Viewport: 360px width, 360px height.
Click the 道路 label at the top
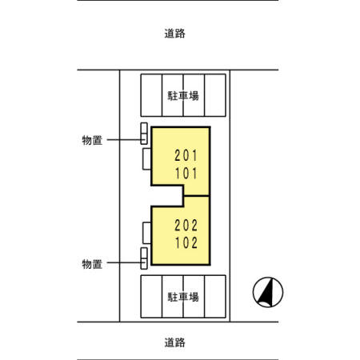[174, 34]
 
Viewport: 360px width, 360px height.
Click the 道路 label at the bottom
[174, 342]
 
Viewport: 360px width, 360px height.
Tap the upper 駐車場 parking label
[183, 96]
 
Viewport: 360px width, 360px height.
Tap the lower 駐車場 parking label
[183, 297]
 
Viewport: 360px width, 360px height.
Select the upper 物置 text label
[92, 140]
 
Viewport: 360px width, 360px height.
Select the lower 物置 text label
[92, 264]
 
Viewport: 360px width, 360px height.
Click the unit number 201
[186, 155]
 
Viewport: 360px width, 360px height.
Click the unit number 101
[186, 174]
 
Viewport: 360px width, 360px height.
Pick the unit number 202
[186, 226]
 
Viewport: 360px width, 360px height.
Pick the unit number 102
[186, 243]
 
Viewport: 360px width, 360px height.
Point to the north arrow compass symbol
[268, 292]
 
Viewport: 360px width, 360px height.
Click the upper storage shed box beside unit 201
[144, 134]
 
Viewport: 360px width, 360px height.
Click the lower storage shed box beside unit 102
[144, 258]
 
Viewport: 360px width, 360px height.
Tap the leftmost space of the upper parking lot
[151, 95]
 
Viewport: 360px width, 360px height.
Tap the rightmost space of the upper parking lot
[215, 95]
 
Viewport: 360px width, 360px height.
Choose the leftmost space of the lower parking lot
[151, 297]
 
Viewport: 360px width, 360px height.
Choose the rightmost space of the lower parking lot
[215, 297]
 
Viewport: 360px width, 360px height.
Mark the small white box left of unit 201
[147, 159]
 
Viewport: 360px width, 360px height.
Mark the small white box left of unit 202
[147, 233]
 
